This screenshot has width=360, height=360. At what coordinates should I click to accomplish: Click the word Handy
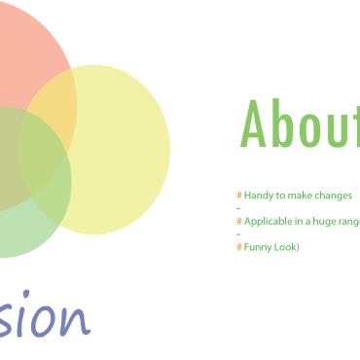coord(258,196)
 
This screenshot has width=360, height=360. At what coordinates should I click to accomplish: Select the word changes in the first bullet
coord(334,196)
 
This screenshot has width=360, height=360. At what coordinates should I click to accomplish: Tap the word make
coord(301,196)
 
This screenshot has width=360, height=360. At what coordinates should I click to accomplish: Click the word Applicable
coord(268,222)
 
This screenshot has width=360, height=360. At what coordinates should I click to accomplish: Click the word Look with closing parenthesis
coord(287,247)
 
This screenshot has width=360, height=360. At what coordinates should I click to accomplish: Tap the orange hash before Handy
coord(239,196)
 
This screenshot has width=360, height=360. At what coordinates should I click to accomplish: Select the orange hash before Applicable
coord(239,222)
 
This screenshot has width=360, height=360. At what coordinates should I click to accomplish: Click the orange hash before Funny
coord(239,247)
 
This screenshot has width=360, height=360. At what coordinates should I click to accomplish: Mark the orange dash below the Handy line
coord(238,208)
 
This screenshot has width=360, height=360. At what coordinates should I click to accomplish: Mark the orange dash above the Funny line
coord(238,234)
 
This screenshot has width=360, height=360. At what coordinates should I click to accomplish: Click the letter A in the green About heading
coord(255,124)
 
